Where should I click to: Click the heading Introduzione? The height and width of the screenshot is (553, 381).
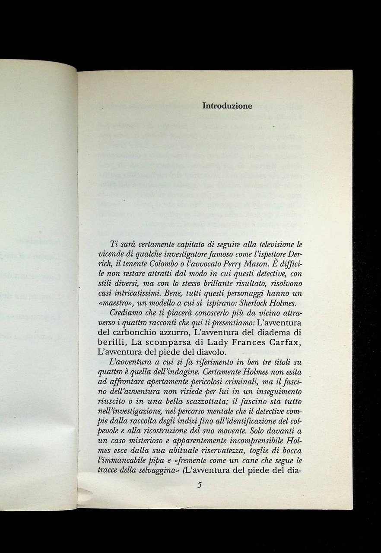pos(228,105)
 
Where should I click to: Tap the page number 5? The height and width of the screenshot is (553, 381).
pos(199,485)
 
